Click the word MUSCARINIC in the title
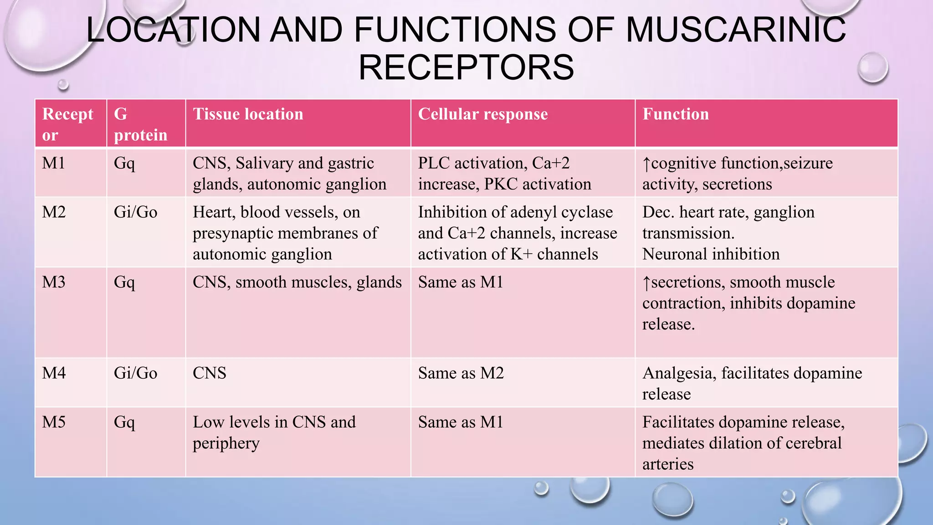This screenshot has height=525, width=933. pos(736,30)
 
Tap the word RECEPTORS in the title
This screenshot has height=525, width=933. pos(466,67)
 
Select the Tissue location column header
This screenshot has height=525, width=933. pos(248,114)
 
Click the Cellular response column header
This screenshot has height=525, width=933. pos(482,114)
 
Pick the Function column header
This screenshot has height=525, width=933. pos(676,114)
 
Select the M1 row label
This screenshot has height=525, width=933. pos(54,163)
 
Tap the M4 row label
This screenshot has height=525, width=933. pos(54,373)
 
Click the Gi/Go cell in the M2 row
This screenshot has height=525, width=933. pos(135,212)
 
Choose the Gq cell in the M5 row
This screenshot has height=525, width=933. pos(124,422)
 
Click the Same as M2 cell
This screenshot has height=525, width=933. pos(461,373)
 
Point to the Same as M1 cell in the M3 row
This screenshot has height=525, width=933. pos(460,283)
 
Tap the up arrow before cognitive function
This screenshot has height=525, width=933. pos(646,164)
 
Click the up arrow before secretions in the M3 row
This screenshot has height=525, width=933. pos(646,283)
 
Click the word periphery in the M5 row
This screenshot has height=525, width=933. pos(226,443)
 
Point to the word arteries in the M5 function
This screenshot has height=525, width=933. pos(668,464)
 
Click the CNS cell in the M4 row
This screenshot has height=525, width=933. pos(209,373)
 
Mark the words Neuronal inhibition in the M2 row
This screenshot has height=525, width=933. pos(711,254)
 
